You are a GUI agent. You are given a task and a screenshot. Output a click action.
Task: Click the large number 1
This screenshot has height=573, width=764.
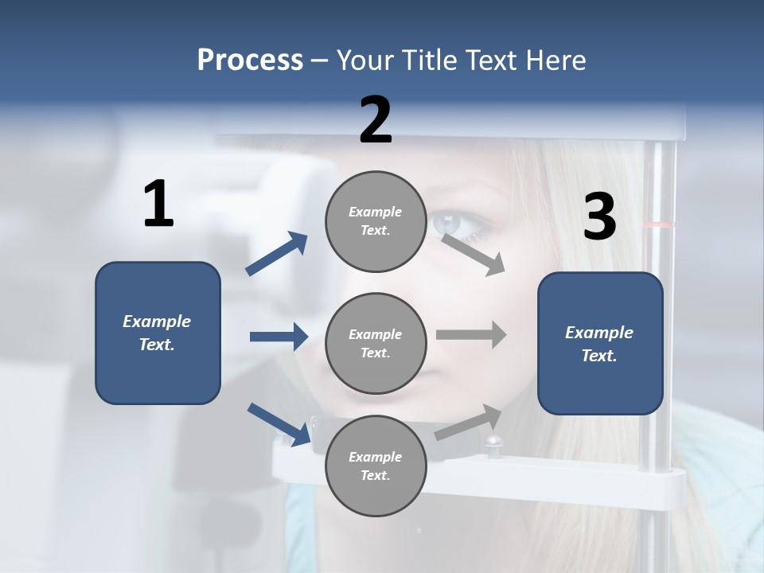point(158,205)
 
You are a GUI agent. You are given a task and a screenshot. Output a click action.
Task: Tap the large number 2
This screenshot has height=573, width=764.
point(376,120)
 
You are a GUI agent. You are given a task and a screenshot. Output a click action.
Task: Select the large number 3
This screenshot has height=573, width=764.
point(599,217)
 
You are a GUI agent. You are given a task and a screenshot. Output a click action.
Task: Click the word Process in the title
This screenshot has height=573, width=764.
point(250,60)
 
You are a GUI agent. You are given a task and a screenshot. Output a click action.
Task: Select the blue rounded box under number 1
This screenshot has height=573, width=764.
point(158,333)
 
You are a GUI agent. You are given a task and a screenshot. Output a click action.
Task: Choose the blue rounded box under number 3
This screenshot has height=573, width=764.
point(600,343)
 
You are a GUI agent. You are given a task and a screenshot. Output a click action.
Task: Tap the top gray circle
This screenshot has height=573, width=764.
point(376,221)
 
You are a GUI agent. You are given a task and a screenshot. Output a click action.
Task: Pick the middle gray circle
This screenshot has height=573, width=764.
point(376,343)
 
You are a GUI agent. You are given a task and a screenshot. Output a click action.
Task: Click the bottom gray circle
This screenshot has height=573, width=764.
point(376,466)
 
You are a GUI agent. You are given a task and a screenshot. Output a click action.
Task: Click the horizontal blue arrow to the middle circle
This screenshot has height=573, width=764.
point(279,337)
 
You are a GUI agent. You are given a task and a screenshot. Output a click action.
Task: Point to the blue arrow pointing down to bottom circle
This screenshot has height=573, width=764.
point(279,424)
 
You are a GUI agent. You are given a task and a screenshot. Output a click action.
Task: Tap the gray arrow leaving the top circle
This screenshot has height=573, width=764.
point(474,254)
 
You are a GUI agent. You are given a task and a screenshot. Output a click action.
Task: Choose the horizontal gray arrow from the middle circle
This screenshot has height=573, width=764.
point(471,334)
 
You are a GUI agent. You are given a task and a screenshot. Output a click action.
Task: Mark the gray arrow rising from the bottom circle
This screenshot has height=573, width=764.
point(469,422)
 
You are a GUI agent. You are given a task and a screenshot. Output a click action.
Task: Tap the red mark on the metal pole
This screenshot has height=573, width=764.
point(657,225)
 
